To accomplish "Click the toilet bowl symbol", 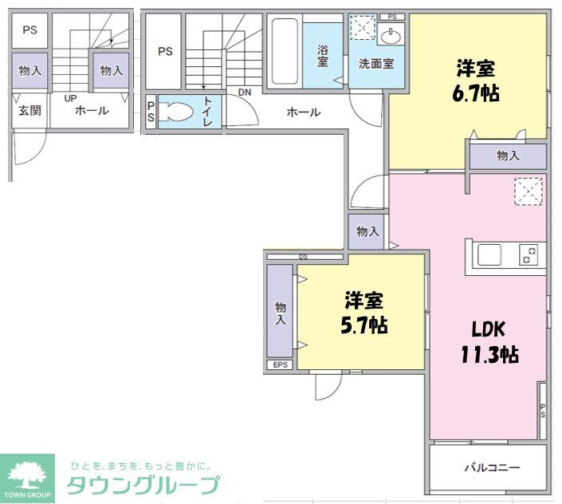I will [x=177, y=112].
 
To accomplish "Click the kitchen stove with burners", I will [x=529, y=256].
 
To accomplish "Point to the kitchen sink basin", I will [x=489, y=256].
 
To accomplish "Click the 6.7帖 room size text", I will [x=477, y=82].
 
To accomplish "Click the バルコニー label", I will [x=492, y=467].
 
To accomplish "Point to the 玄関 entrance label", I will [x=29, y=111].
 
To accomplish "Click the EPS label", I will [x=280, y=365].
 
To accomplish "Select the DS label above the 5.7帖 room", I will [x=303, y=257].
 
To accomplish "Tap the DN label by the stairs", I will [x=244, y=93].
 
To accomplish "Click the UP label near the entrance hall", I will [x=70, y=98].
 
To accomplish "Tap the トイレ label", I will [x=207, y=112].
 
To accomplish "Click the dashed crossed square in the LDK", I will [x=528, y=191].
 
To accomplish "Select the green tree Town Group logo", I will [x=27, y=476].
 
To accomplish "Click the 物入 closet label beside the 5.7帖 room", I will [x=280, y=313].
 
